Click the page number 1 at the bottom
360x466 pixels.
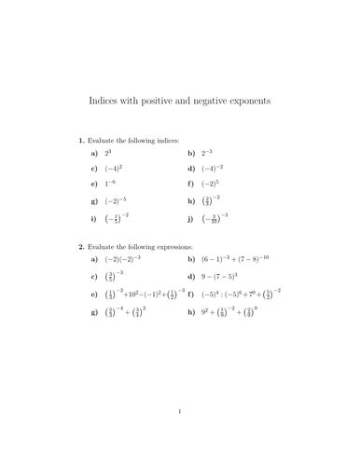point(180,436)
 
